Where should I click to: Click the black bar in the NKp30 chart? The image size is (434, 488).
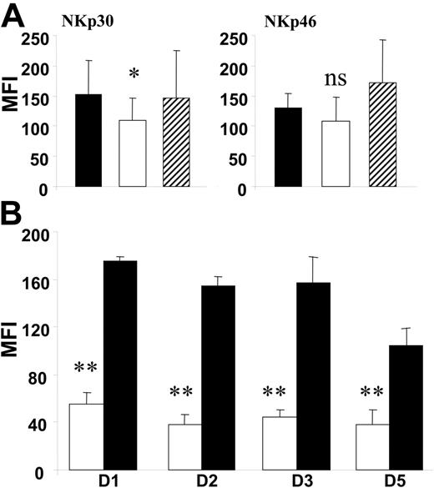click(88, 141)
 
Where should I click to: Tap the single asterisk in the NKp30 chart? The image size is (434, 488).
click(132, 76)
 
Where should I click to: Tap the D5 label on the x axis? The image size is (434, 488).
click(386, 480)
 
